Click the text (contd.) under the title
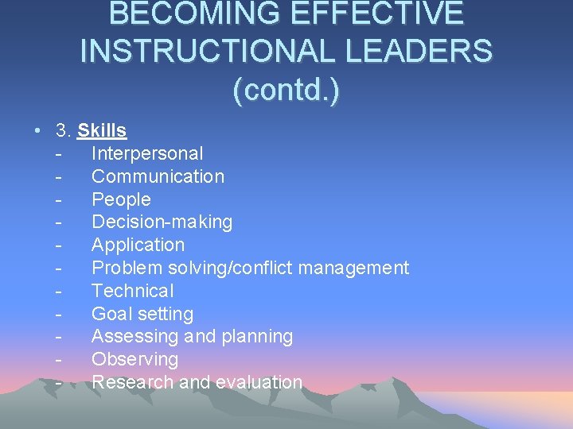pyautogui.click(x=286, y=89)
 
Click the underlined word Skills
pyautogui.click(x=103, y=130)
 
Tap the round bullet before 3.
pyautogui.click(x=37, y=130)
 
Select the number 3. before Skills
pyautogui.click(x=64, y=130)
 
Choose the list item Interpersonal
pyautogui.click(x=147, y=153)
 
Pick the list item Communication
pyautogui.click(x=158, y=176)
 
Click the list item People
pyautogui.click(x=121, y=199)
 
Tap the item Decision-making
pyautogui.click(x=162, y=222)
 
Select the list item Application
pyautogui.click(x=138, y=245)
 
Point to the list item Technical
pyautogui.click(x=132, y=291)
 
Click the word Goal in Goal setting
pyautogui.click(x=109, y=314)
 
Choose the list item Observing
pyautogui.click(x=134, y=359)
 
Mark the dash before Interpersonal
pyautogui.click(x=60, y=153)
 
